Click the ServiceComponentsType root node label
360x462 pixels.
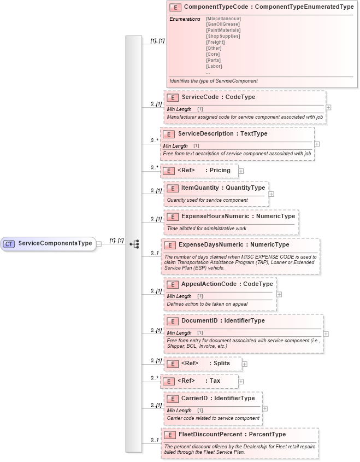[55, 243]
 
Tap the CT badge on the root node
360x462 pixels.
[9, 243]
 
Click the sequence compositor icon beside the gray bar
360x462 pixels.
[134, 244]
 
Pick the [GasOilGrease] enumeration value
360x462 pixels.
[223, 25]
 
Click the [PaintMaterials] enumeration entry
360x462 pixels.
[223, 31]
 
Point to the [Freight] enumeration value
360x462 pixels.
[216, 42]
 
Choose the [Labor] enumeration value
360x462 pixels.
[214, 66]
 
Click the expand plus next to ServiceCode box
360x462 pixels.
[328, 108]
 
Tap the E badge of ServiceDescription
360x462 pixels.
[169, 134]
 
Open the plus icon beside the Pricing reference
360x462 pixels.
[241, 171]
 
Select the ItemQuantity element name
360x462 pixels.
[200, 188]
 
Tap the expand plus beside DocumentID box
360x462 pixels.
[326, 334]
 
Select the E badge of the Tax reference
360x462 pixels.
[169, 381]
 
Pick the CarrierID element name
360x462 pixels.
[196, 398]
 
